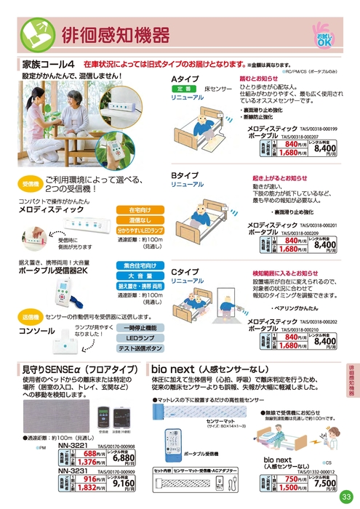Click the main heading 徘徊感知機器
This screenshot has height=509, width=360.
[x=116, y=33]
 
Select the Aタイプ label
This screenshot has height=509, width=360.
[x=185, y=78]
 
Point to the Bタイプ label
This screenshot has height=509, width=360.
[x=185, y=176]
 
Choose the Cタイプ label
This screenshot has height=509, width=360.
[x=185, y=272]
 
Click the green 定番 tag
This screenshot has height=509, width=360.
[x=183, y=88]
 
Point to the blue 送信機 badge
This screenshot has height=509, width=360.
[x=31, y=318]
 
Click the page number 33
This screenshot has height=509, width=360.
[x=345, y=497]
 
